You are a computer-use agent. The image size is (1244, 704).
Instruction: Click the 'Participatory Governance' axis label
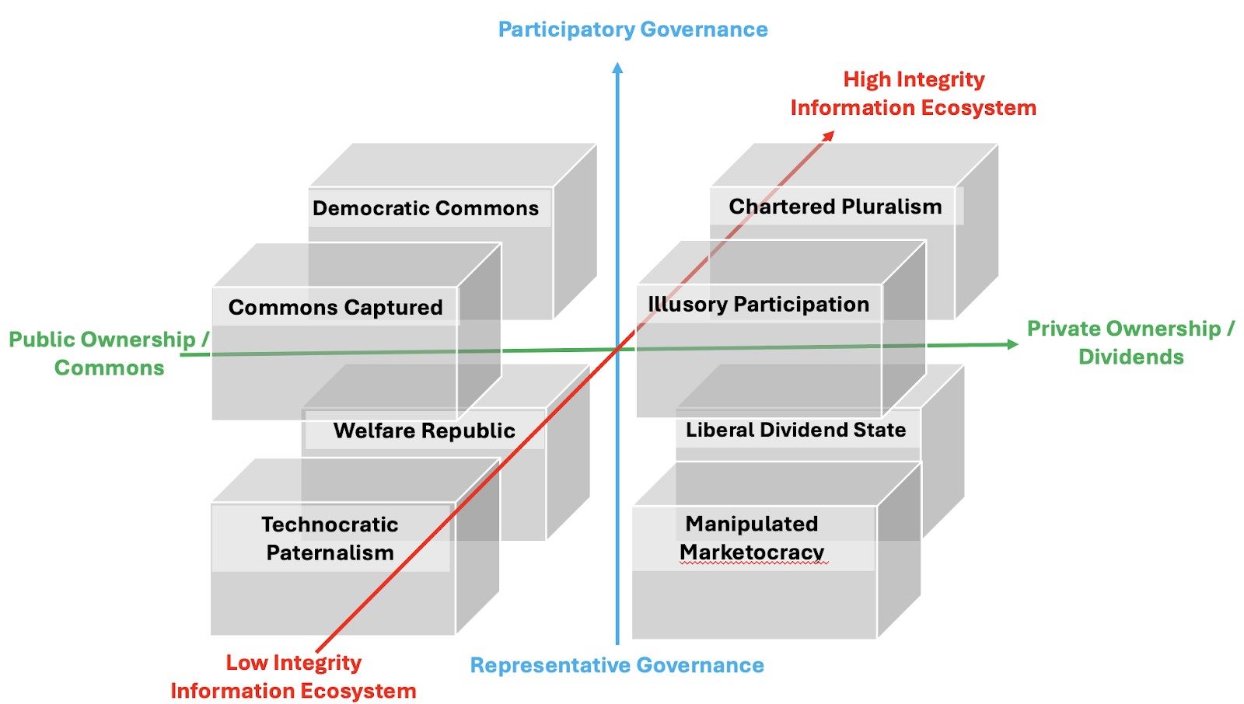(x=633, y=30)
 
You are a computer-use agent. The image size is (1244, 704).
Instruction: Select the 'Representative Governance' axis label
(x=617, y=665)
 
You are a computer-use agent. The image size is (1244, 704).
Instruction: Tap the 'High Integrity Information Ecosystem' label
(x=914, y=93)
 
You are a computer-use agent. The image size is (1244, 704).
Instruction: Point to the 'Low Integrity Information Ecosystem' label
(x=293, y=676)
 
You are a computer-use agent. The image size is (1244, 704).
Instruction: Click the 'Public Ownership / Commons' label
(x=109, y=354)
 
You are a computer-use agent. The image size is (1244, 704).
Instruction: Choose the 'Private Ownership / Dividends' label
(x=1130, y=343)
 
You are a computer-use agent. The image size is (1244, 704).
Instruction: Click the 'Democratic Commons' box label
(x=425, y=208)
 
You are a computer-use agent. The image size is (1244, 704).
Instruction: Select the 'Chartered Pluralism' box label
(x=835, y=207)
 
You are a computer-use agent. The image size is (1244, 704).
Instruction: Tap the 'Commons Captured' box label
(x=335, y=308)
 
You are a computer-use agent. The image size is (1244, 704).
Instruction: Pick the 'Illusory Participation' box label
(x=758, y=305)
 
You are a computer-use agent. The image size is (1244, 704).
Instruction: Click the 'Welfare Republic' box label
(x=424, y=430)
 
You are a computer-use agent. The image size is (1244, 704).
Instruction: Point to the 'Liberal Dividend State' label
(x=795, y=430)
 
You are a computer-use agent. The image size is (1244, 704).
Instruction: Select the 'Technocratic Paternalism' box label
(x=330, y=538)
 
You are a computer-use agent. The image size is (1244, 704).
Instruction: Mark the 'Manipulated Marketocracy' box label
(x=752, y=538)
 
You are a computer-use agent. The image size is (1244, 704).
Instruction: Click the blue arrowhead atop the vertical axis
(x=617, y=68)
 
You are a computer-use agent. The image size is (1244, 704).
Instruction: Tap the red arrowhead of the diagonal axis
(x=829, y=136)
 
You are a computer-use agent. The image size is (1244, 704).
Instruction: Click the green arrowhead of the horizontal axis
(x=1012, y=344)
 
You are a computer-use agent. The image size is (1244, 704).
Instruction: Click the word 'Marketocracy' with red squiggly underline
(x=752, y=552)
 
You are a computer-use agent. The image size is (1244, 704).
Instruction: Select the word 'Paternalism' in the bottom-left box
(x=330, y=553)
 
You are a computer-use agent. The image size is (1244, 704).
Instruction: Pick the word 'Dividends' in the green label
(x=1130, y=357)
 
